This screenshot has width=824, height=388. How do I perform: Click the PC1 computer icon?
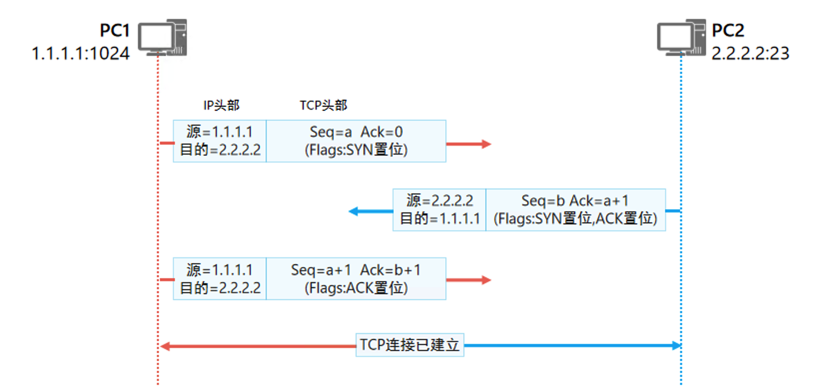(x=163, y=37)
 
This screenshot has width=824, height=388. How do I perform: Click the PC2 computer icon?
(x=681, y=37)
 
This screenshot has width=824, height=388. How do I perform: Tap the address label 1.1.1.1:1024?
(x=80, y=53)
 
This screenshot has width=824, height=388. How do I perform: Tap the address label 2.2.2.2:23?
(x=750, y=53)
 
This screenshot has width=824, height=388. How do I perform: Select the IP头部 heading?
(x=221, y=105)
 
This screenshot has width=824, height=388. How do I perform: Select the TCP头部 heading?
(x=323, y=105)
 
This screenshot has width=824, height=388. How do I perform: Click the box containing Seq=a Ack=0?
(x=356, y=141)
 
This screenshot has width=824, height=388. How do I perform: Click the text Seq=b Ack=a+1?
(x=575, y=200)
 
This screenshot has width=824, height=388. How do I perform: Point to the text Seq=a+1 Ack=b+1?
(x=356, y=270)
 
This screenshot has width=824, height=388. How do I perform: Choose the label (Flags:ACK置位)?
(x=356, y=288)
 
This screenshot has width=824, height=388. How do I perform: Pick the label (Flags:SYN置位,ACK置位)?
(x=575, y=218)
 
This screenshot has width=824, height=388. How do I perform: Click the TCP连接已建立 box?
(x=410, y=345)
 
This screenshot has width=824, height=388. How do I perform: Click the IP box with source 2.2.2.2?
(x=439, y=209)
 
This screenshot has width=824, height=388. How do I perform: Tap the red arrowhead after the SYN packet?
(x=486, y=144)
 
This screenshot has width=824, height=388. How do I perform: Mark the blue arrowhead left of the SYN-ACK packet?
(x=354, y=211)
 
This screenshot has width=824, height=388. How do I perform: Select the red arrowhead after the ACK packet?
(x=486, y=280)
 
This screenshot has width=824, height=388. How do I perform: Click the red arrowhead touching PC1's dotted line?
(x=165, y=346)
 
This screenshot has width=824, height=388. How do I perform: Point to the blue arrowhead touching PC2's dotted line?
(x=676, y=345)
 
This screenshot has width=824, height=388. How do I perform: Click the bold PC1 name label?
(x=114, y=30)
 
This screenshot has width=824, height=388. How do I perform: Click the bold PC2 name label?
(x=728, y=30)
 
